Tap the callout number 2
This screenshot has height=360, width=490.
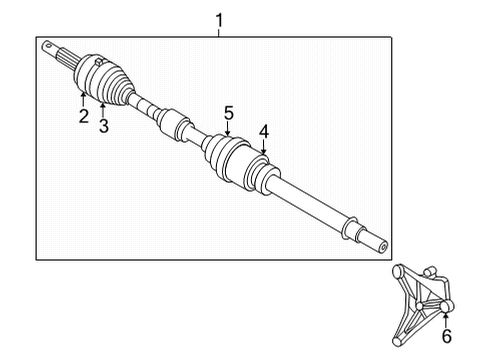tap(84, 117)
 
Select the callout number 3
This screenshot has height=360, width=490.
tap(103, 124)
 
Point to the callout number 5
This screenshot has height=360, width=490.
tap(228, 114)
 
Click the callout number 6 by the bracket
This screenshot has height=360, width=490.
tap(446, 337)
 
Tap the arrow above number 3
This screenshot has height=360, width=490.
tap(103, 106)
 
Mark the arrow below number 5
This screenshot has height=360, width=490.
tap(228, 132)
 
